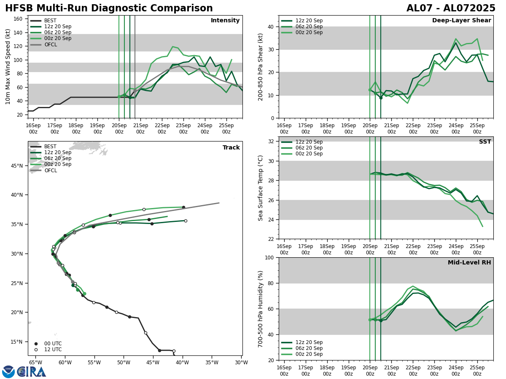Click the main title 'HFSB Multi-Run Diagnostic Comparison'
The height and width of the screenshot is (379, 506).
point(109,8)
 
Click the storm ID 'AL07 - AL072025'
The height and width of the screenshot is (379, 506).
point(451,8)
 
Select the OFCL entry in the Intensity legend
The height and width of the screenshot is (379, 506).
point(50,44)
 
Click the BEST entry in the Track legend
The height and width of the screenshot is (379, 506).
point(50,147)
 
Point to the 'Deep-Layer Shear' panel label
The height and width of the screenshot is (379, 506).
point(461,21)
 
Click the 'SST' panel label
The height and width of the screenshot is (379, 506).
point(485,142)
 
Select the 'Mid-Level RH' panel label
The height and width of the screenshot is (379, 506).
point(469,263)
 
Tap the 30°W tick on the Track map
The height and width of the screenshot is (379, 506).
point(241,362)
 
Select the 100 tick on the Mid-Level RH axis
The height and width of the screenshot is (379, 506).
point(269,257)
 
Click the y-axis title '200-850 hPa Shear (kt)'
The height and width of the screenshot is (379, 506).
point(261,67)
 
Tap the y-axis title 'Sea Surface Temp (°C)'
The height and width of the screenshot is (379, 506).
point(261,188)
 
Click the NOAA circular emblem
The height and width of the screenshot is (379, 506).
point(8,371)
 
